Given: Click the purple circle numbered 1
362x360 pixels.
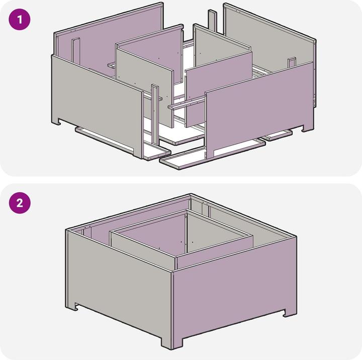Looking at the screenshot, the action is pyautogui.click(x=20, y=20).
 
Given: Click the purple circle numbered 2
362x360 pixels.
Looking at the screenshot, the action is pyautogui.click(x=20, y=203).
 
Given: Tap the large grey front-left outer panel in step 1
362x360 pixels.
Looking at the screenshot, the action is pyautogui.click(x=97, y=106).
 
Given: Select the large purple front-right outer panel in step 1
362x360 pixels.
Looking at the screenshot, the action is pyautogui.click(x=258, y=108).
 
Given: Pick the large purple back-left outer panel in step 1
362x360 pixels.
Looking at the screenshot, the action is pyautogui.click(x=109, y=42).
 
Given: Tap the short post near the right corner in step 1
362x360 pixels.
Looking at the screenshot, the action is pyautogui.click(x=292, y=62).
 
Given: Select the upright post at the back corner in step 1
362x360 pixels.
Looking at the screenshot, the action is pyautogui.click(x=212, y=21).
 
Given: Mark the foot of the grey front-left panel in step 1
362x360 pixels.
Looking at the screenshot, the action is pyautogui.click(x=56, y=122).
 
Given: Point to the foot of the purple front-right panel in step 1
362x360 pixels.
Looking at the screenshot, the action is pyautogui.click(x=308, y=128).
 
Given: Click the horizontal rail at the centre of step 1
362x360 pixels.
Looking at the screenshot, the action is pyautogui.click(x=187, y=103).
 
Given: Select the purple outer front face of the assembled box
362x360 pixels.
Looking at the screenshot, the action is pyautogui.click(x=234, y=291).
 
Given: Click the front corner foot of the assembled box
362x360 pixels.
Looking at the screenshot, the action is pyautogui.click(x=171, y=343).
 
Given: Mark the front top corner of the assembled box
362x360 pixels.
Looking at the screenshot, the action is pyautogui.click(x=172, y=272).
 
